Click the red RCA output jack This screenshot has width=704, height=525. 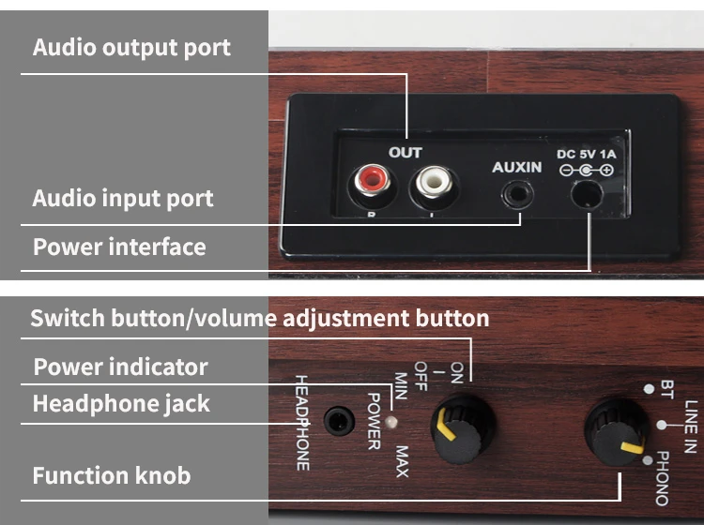(367, 181)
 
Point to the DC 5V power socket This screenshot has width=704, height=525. (587, 195)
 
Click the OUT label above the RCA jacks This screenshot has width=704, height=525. (405, 152)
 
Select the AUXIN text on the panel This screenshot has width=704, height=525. (517, 167)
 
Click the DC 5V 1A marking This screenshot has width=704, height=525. (586, 154)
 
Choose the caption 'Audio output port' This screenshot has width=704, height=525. (131, 47)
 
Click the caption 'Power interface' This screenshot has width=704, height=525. (119, 247)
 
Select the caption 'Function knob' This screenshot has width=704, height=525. (112, 475)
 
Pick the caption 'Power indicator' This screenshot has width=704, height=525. (121, 367)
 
